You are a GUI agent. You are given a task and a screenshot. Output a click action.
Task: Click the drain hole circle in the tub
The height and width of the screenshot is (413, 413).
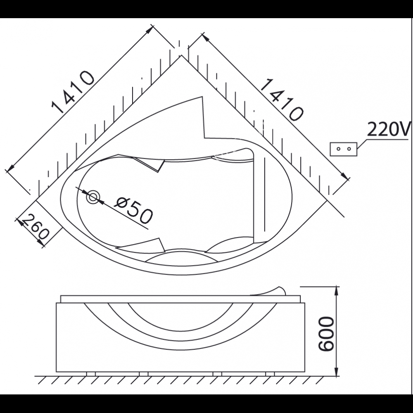93,197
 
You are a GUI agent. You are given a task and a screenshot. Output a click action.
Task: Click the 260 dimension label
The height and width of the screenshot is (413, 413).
34,229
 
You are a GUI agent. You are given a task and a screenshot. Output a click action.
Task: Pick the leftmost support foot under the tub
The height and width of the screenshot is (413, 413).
91,374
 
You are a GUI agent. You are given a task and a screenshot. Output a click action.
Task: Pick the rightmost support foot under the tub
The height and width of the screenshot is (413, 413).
270,374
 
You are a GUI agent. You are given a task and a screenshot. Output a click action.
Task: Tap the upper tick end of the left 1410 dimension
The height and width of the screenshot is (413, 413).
152,26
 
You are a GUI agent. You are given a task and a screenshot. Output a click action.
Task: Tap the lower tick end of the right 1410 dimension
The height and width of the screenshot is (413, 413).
348,178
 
